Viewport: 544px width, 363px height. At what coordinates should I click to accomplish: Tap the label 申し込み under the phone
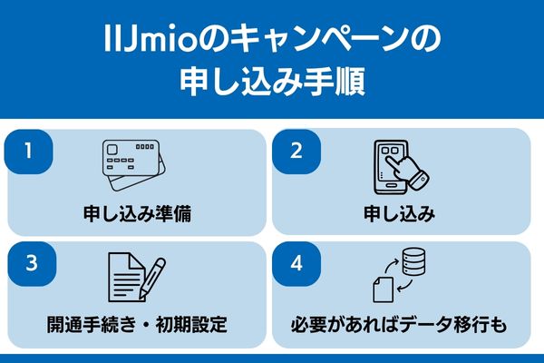(401, 215)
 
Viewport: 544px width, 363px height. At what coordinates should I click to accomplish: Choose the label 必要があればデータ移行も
(401, 324)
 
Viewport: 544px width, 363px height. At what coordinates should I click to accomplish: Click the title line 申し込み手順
(272, 83)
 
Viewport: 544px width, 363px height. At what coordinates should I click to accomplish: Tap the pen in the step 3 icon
(153, 277)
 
